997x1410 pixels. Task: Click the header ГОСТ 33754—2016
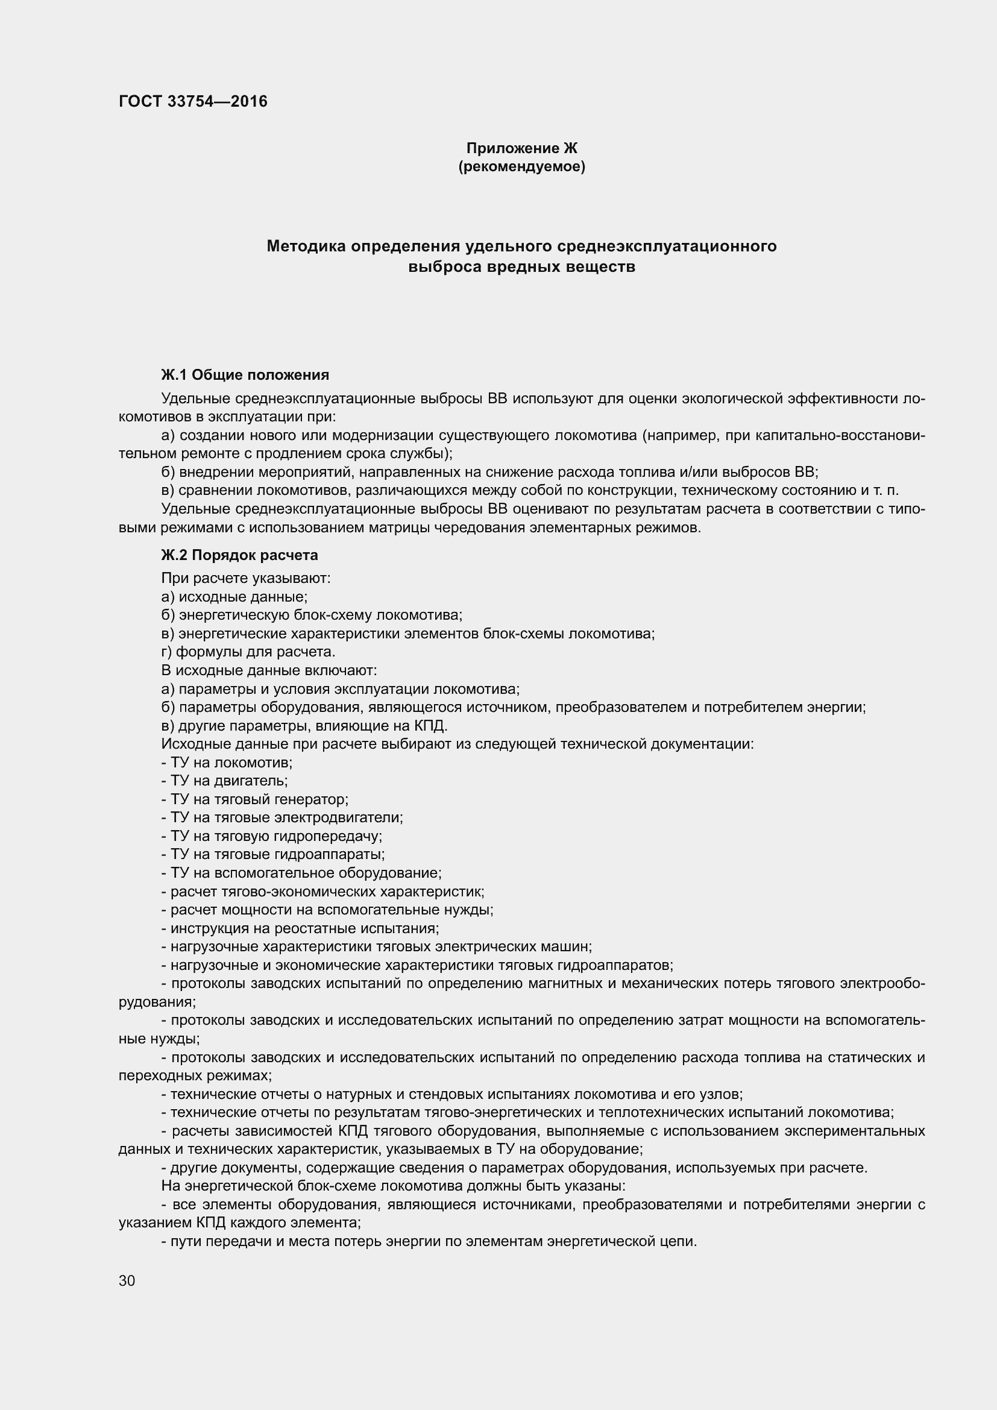[x=193, y=101]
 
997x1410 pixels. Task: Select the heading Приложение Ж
[x=521, y=148]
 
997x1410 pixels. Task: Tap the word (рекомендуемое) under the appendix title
[x=521, y=166]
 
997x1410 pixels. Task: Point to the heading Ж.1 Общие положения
[x=245, y=374]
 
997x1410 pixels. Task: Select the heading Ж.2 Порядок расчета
[x=239, y=555]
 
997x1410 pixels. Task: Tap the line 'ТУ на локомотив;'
[x=227, y=763]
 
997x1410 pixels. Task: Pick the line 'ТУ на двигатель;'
[x=225, y=781]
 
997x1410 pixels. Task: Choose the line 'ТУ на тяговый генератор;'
[x=255, y=799]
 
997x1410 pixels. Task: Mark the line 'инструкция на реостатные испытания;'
[x=300, y=928]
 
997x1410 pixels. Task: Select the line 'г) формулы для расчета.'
[x=248, y=652]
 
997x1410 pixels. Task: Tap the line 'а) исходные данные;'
[x=234, y=597]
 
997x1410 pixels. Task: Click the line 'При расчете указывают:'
[x=245, y=579]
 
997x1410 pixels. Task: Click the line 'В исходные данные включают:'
[x=269, y=670]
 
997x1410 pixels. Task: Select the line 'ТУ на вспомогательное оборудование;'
[x=301, y=873]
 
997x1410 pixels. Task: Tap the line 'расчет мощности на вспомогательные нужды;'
[x=327, y=910]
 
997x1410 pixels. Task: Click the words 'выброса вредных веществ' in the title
[x=521, y=267]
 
